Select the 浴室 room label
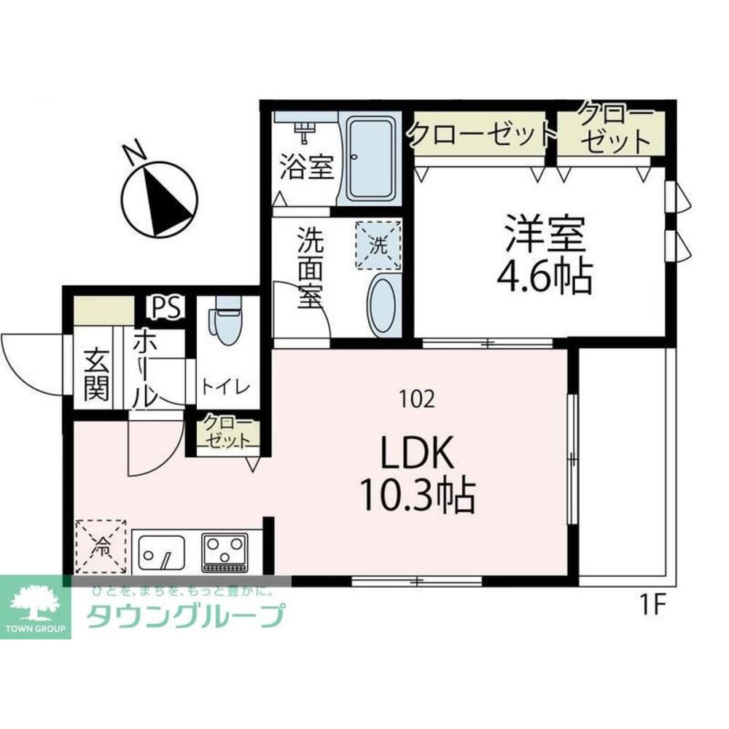click(307, 167)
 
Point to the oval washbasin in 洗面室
click(383, 304)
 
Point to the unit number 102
click(418, 398)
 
